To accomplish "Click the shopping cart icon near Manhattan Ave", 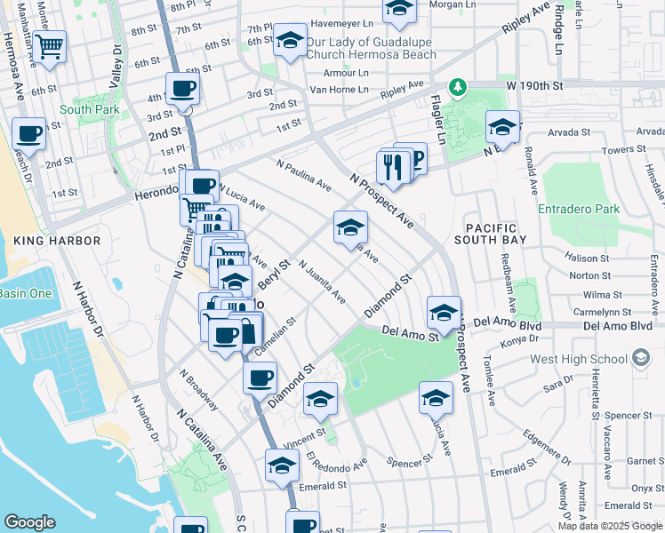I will [50, 44].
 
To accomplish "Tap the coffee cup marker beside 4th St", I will [182, 89].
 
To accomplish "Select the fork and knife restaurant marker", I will [392, 165].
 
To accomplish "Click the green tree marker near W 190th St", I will [458, 87].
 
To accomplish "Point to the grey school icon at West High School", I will [639, 358].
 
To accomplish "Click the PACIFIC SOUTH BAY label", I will [490, 233].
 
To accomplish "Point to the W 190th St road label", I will [536, 85].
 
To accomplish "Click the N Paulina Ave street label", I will [304, 176].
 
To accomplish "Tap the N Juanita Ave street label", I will [322, 282].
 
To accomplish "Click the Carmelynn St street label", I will [602, 313].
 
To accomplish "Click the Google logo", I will [29, 522].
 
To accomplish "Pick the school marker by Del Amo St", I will [444, 313].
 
